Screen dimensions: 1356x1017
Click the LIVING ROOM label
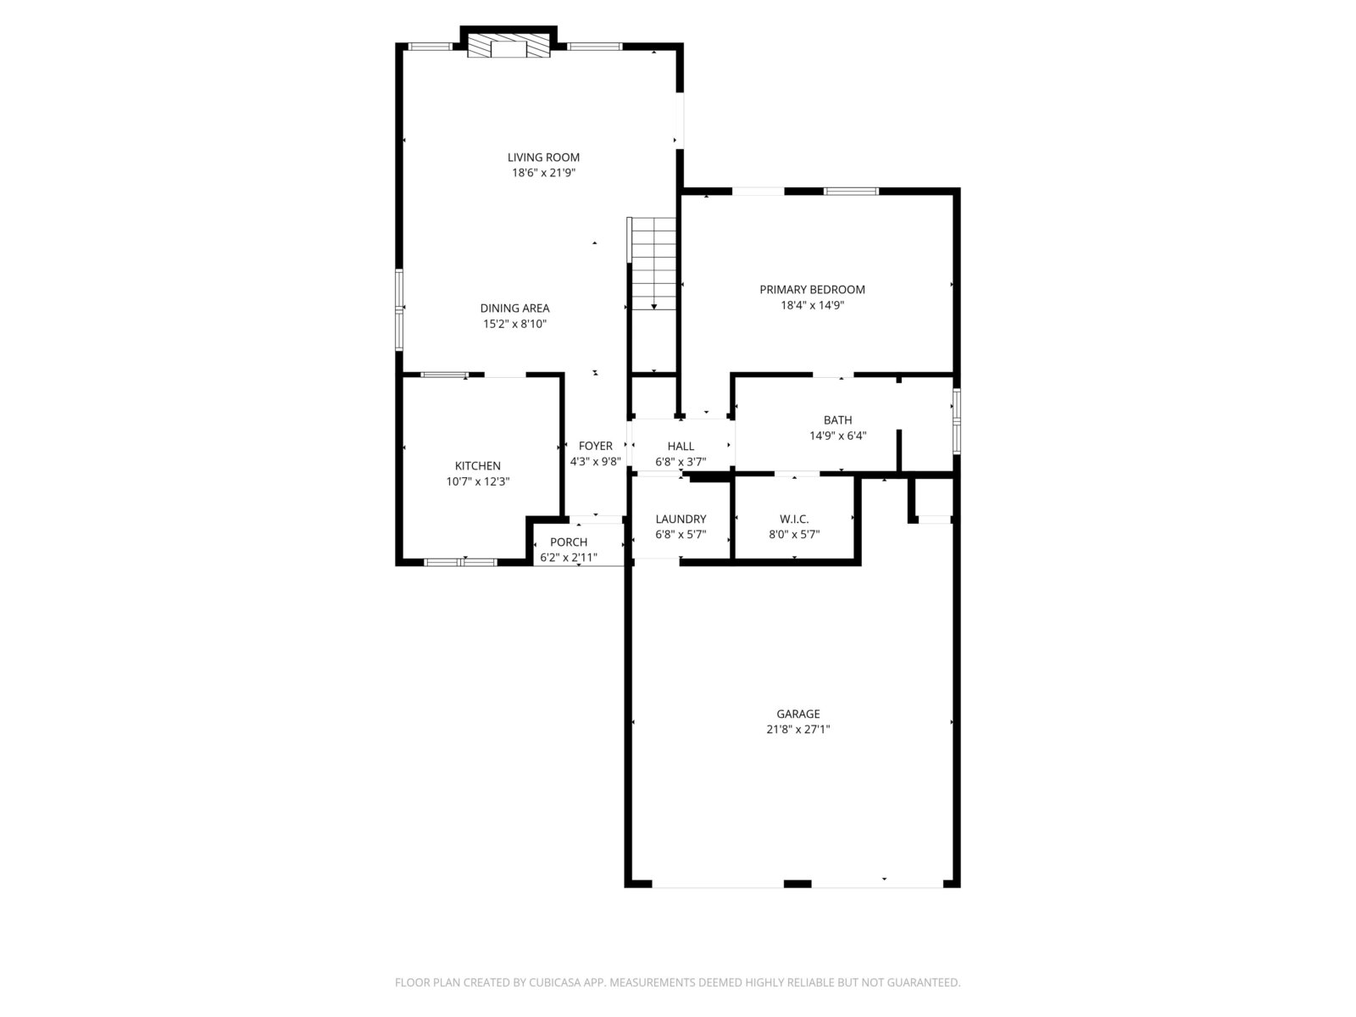(x=543, y=158)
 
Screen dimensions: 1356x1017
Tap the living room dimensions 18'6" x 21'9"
(x=543, y=173)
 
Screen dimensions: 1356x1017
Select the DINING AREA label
(x=514, y=308)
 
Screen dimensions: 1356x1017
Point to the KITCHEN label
(x=477, y=466)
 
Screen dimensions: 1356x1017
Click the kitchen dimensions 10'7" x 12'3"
(x=477, y=481)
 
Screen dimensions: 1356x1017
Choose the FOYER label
(x=596, y=446)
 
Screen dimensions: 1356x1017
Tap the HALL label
(x=681, y=446)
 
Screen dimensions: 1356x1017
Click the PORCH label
(x=569, y=542)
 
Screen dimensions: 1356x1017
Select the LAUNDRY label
(x=681, y=520)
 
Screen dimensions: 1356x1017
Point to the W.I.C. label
(x=794, y=520)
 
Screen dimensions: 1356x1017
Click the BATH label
(x=837, y=420)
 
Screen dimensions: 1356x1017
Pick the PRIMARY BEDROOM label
(x=812, y=290)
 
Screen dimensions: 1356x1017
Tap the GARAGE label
(x=798, y=714)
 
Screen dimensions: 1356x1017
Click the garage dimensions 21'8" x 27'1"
(x=798, y=729)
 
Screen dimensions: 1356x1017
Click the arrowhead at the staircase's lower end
(x=653, y=307)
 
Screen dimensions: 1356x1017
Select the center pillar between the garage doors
(x=797, y=884)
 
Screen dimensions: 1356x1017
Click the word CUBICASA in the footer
(x=555, y=981)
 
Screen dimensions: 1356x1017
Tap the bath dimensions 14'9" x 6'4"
(x=837, y=436)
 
